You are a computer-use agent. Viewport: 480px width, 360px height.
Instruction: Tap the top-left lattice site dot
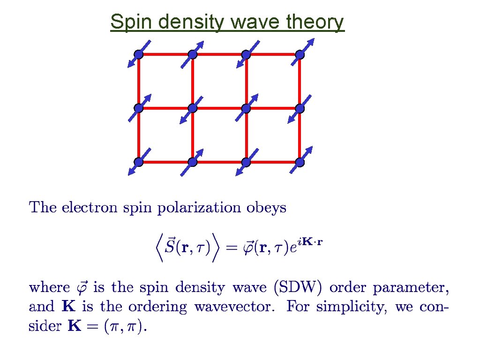[138, 54]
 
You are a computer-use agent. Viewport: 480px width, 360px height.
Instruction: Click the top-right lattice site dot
[300, 54]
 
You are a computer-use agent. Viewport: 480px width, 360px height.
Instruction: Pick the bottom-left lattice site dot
[138, 162]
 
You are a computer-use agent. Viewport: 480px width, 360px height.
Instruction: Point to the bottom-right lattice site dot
[300, 162]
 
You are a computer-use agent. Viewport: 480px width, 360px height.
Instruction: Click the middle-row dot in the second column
[192, 108]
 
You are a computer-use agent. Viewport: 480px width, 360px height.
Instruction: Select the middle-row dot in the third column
[246, 108]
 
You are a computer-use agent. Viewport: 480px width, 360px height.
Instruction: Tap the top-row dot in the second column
[192, 54]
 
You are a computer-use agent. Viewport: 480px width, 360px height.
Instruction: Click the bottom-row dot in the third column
[246, 162]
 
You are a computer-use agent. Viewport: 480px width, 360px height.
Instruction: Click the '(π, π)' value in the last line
[128, 327]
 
